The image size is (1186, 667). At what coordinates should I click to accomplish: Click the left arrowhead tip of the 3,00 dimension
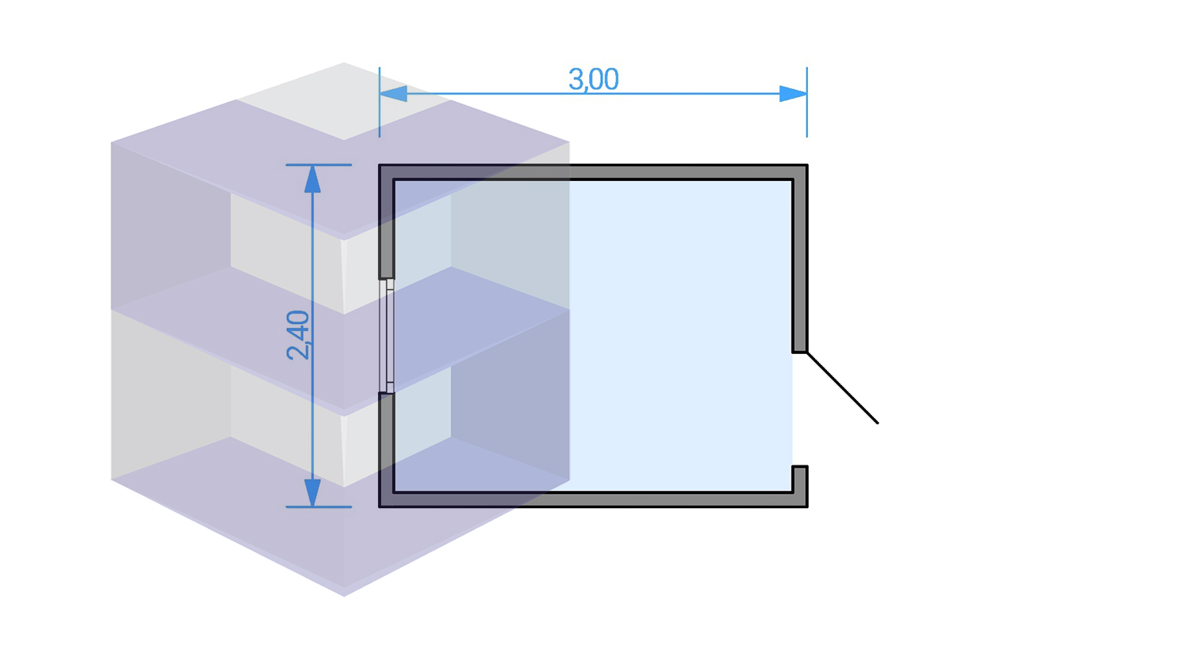[380, 94]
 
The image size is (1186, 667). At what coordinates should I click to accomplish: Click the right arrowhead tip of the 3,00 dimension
[807, 94]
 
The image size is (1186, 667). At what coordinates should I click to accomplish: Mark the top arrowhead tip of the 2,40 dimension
[313, 165]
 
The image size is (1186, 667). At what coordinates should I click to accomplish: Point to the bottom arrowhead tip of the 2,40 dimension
[313, 507]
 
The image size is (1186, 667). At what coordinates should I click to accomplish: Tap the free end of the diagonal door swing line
[878, 424]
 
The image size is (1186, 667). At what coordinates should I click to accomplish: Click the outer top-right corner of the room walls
[808, 164]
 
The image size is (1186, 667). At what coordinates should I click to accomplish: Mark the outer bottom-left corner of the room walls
[379, 507]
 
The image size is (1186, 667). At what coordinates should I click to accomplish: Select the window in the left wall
[387, 336]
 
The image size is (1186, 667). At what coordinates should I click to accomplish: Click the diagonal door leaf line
[842, 388]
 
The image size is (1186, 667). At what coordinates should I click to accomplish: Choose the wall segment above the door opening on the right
[800, 258]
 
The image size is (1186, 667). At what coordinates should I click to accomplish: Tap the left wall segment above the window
[387, 222]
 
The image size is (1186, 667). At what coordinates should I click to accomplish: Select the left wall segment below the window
[387, 450]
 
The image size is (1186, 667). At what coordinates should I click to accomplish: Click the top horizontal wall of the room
[593, 172]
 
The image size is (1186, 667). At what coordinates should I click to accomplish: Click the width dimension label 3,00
[594, 79]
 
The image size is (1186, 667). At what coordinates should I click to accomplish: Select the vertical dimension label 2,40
[297, 335]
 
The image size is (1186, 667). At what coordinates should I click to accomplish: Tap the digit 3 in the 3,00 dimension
[576, 79]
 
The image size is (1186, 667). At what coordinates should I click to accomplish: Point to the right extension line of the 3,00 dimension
[807, 102]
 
